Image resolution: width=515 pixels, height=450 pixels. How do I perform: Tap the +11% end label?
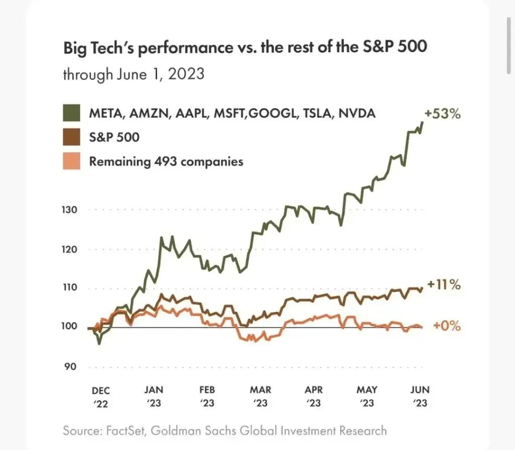pos(444,285)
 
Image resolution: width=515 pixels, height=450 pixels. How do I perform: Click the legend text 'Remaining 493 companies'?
pos(166,161)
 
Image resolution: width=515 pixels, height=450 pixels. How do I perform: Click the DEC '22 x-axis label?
pos(101,396)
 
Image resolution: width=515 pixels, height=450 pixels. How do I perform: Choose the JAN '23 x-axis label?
pos(154,396)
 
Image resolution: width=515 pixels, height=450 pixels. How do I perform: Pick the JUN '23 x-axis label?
pos(419,396)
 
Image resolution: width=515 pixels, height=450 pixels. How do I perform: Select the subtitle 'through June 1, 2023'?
pos(133,74)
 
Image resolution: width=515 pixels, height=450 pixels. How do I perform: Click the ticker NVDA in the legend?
pos(358,113)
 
